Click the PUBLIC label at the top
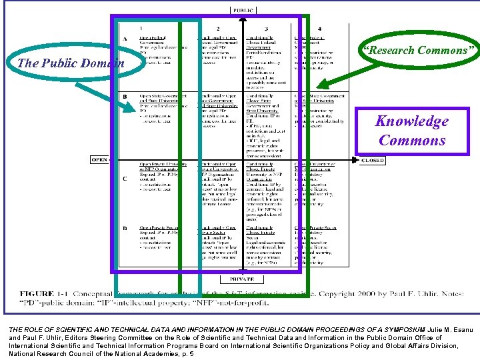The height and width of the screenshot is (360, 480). point(242,10)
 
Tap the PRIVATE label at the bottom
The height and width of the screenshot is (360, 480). point(242,279)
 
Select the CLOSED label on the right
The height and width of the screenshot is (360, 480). point(372,160)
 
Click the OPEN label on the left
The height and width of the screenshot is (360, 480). point(99,159)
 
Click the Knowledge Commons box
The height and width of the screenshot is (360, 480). point(411,130)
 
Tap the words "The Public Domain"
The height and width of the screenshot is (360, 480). point(71,64)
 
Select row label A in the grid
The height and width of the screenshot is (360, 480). point(125,39)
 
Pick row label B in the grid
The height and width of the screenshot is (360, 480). point(125,97)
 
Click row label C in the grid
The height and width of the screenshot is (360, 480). point(125,179)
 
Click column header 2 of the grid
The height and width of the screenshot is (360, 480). point(218,29)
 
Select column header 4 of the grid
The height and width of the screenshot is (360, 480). point(319,29)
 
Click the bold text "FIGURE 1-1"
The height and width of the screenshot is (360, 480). point(45,293)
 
